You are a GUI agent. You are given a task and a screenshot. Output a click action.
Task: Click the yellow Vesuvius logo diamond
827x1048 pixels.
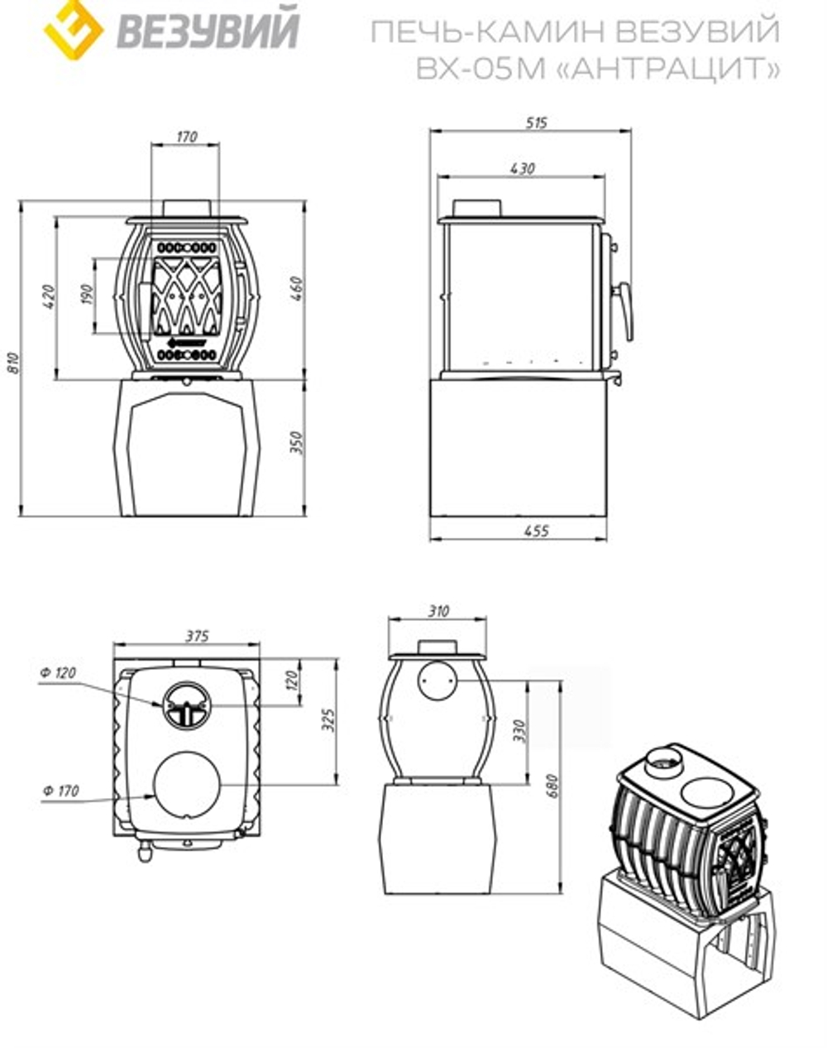73,29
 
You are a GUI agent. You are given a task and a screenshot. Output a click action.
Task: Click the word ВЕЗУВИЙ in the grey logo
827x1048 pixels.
208,29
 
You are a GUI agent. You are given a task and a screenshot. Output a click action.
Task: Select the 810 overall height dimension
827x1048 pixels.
15,363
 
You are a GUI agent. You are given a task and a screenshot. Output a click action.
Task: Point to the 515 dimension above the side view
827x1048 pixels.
537,123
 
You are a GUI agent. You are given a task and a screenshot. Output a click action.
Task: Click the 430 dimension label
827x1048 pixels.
523,169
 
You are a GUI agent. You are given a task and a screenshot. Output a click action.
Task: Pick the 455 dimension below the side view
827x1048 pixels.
537,531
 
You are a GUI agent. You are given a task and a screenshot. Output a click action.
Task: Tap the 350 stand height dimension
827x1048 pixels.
296,442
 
